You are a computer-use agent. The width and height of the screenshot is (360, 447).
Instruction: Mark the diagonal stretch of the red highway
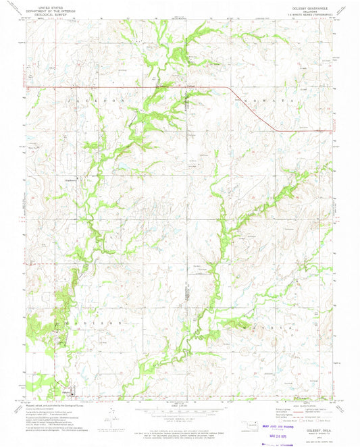pyautogui.click(x=250, y=108)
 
